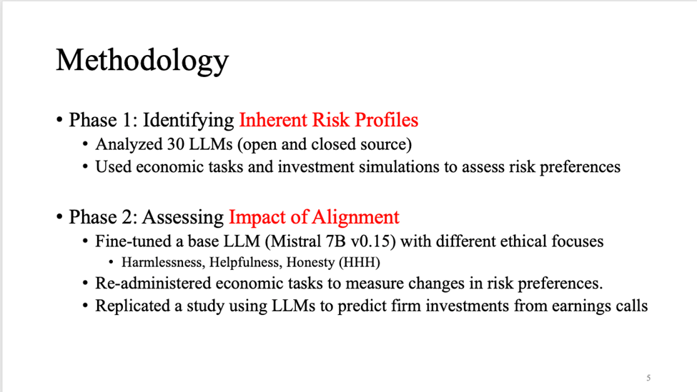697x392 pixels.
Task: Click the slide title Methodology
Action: (x=142, y=61)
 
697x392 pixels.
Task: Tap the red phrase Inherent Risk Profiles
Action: (x=329, y=120)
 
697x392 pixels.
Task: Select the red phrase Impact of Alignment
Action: (x=314, y=217)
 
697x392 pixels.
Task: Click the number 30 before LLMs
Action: (x=176, y=144)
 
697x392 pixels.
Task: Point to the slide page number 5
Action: (x=648, y=378)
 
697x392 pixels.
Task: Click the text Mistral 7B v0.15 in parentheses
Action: (x=333, y=241)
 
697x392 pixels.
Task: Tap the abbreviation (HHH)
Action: (x=359, y=262)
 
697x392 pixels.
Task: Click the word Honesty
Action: (x=310, y=263)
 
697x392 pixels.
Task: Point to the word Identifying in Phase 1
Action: (x=188, y=120)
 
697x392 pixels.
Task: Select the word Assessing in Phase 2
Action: (x=183, y=218)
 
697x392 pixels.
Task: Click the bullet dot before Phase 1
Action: (x=59, y=120)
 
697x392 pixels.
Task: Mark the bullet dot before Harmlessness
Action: (x=111, y=262)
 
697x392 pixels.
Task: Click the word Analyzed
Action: (x=129, y=145)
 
